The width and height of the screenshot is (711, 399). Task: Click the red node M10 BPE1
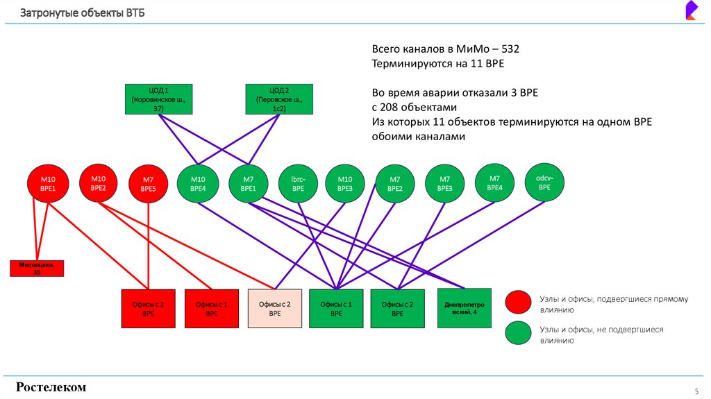47,184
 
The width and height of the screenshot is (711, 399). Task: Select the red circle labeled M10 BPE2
99,182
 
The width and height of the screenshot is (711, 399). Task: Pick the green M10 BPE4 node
199,184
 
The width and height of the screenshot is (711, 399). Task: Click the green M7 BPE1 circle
249,184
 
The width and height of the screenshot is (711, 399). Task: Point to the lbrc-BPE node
298,184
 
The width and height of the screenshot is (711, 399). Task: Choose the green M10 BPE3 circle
345,184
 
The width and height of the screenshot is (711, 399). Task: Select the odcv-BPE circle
544,182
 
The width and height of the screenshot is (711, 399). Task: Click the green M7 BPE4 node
495,183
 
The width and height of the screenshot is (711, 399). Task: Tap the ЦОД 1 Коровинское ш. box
158,99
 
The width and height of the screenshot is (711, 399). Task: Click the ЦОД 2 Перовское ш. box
278,99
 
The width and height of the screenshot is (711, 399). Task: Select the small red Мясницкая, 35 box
37,268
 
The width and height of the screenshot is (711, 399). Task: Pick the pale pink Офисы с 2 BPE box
275,308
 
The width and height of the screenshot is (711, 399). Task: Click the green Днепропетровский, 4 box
464,307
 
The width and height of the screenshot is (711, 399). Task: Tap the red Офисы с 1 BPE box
212,308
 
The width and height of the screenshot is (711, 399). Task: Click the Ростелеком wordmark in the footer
51,387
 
